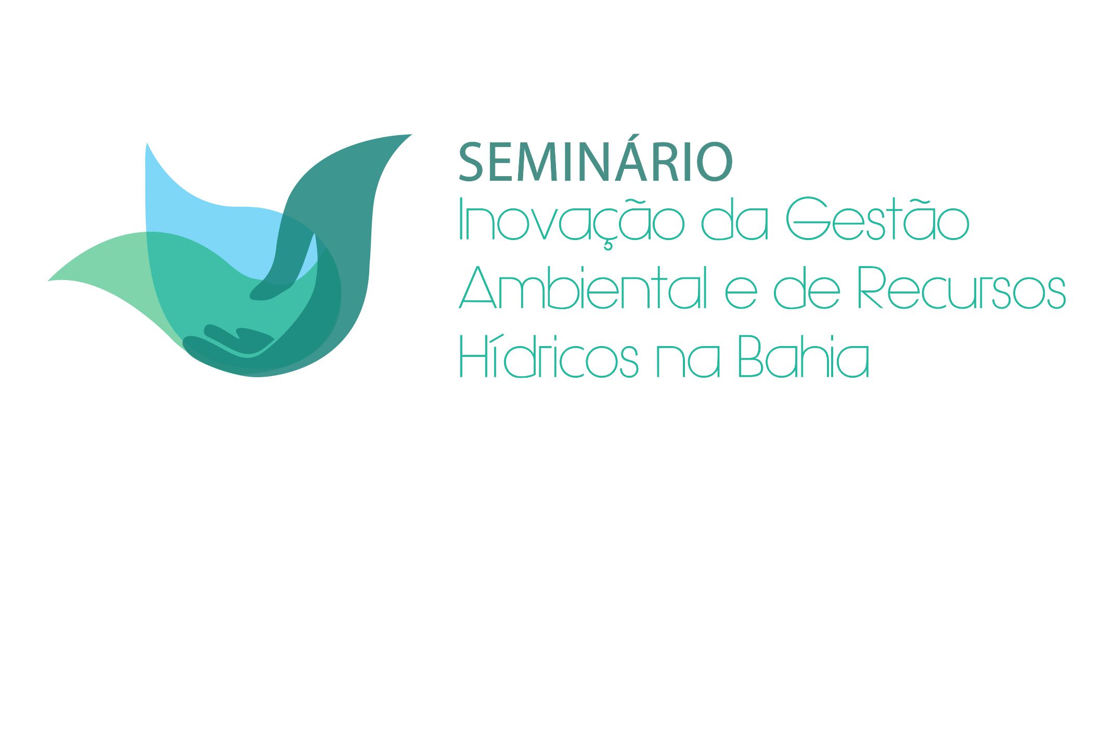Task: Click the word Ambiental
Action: [x=584, y=287]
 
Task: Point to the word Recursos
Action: [x=961, y=287]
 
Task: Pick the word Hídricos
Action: [x=549, y=355]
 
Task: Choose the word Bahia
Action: [x=804, y=355]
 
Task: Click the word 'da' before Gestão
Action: [x=734, y=220]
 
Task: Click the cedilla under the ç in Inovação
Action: [x=607, y=246]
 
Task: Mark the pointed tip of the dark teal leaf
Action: [x=412, y=135]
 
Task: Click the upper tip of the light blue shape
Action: [x=147, y=143]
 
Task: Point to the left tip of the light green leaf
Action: [x=48, y=281]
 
